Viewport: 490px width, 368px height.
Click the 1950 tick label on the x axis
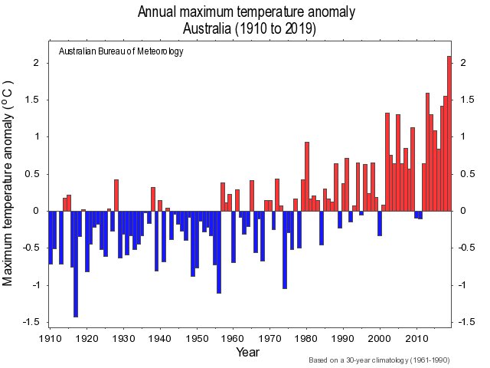point(197,338)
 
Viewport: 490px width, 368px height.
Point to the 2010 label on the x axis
point(417,338)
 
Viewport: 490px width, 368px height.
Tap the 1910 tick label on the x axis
point(50,338)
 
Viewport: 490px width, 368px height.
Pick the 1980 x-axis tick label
point(307,338)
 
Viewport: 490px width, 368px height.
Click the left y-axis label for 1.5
point(34,100)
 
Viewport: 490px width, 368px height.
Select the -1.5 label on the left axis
point(32,322)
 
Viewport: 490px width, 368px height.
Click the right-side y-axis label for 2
point(462,63)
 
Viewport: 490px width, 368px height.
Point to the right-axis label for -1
point(464,285)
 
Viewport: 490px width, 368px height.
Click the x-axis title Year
point(247,352)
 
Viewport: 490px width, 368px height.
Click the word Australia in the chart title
point(211,28)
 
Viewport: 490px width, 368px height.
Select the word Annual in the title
point(158,12)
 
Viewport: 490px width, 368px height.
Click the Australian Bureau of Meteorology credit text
point(121,51)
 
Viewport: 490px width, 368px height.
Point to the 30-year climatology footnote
point(378,360)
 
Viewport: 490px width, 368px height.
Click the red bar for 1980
point(307,176)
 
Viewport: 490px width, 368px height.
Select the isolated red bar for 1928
point(116,195)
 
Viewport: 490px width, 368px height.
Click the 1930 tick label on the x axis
point(123,338)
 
